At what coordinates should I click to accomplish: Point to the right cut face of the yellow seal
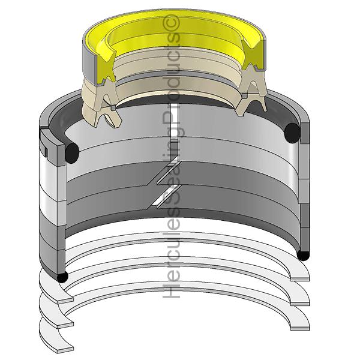[x=253, y=55]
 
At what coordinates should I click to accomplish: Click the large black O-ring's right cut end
[x=292, y=133]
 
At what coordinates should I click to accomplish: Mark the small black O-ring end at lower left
[x=62, y=277]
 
